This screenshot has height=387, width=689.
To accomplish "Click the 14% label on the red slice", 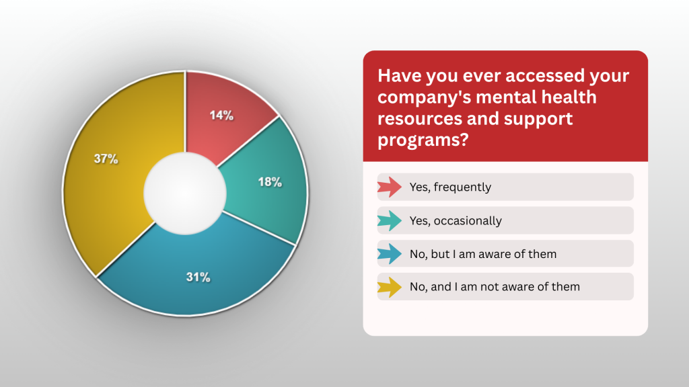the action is (221, 116).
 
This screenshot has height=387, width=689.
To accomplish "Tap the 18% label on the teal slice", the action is (270, 182).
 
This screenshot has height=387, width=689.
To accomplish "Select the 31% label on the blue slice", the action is (198, 277).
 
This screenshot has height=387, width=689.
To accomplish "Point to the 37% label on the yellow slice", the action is (106, 159).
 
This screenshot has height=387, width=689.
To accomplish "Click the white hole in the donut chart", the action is (185, 193).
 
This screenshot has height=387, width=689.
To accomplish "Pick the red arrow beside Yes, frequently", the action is (390, 187).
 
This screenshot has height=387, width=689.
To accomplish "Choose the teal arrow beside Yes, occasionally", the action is (390, 220).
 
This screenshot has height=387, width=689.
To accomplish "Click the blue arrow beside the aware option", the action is (390, 253).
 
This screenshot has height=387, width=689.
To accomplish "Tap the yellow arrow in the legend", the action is (390, 287).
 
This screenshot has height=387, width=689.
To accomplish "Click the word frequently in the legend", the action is (462, 187).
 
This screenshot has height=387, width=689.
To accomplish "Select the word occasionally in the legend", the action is (468, 220).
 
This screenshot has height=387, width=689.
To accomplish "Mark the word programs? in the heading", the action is (423, 140).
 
